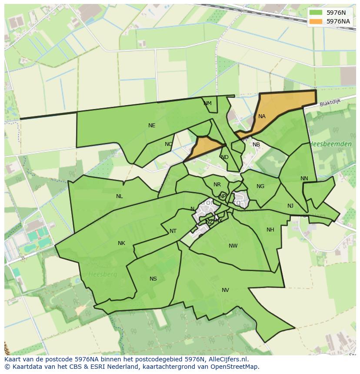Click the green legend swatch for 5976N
point(316,13)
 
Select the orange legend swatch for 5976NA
point(316,21)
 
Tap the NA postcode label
point(262,116)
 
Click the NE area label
point(152,126)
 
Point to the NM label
point(207,103)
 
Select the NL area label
point(120,196)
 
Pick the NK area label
point(121,243)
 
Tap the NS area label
point(153,279)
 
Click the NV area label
point(225,290)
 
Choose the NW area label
point(233,246)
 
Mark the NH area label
point(270,230)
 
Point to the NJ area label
point(290,206)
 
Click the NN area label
point(304,179)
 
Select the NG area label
point(260,186)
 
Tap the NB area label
point(256,145)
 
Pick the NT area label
point(173,231)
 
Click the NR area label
point(217,185)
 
